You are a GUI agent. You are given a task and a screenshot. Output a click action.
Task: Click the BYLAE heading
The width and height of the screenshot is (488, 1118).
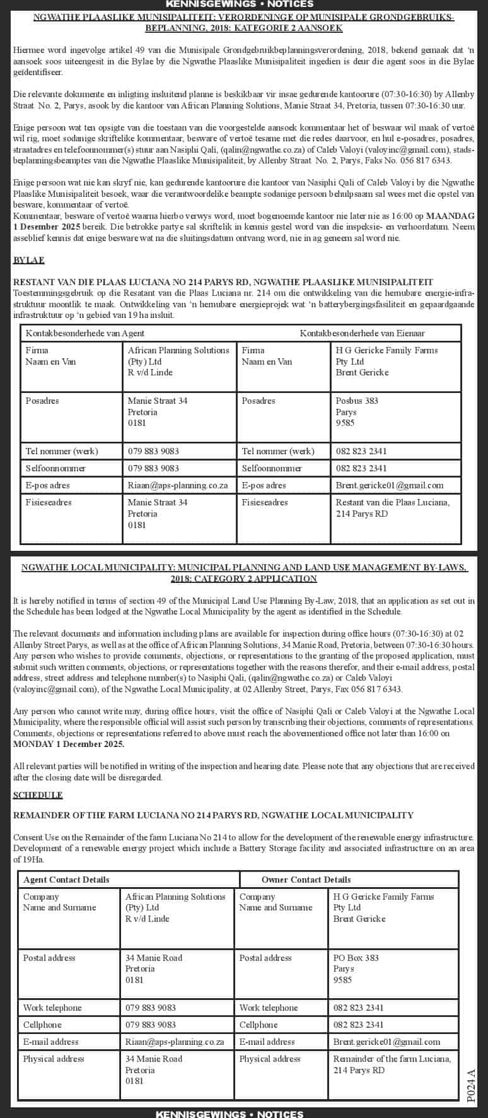(28, 260)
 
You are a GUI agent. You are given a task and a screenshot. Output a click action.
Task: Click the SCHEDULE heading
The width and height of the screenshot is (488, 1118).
(37, 795)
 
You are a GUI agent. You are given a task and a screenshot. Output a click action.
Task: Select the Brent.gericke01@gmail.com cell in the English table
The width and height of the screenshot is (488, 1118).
(386, 1042)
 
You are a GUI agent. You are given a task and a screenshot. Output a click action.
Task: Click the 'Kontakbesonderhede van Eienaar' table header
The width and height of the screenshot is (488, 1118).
(362, 333)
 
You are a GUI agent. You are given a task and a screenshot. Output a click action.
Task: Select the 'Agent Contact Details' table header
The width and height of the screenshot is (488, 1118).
(66, 880)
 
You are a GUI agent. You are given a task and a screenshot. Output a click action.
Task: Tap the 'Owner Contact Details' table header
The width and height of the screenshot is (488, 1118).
(306, 880)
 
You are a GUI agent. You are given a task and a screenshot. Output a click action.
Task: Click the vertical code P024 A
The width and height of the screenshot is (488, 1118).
(472, 1085)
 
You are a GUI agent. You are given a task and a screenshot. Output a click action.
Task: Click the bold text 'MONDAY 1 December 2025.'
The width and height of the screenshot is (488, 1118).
(68, 744)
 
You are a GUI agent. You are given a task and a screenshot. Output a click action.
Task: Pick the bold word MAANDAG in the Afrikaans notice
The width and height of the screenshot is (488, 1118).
(450, 216)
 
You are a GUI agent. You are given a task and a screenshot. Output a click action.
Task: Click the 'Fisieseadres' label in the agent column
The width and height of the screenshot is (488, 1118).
(48, 502)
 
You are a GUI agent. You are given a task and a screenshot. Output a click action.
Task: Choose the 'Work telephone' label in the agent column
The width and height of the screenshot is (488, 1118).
(52, 1008)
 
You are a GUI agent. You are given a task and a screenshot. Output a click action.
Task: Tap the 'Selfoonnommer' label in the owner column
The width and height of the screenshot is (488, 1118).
(271, 468)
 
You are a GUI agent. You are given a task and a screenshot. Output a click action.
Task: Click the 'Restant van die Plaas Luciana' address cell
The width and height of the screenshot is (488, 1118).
(392, 508)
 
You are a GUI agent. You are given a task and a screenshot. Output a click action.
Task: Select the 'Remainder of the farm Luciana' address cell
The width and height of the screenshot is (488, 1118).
(392, 1064)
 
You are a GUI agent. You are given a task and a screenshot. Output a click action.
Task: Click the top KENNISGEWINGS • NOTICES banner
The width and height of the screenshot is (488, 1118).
(244, 4)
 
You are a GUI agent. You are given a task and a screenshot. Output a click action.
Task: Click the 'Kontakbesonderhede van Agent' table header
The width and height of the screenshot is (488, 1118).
(84, 333)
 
